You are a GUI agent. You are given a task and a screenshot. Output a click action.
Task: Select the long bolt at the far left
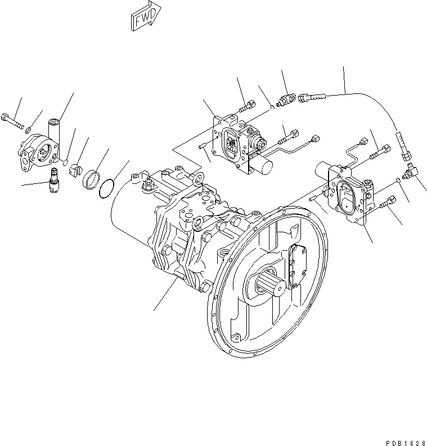(14, 120)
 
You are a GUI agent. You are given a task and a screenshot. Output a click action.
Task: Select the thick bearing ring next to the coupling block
(92, 180)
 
